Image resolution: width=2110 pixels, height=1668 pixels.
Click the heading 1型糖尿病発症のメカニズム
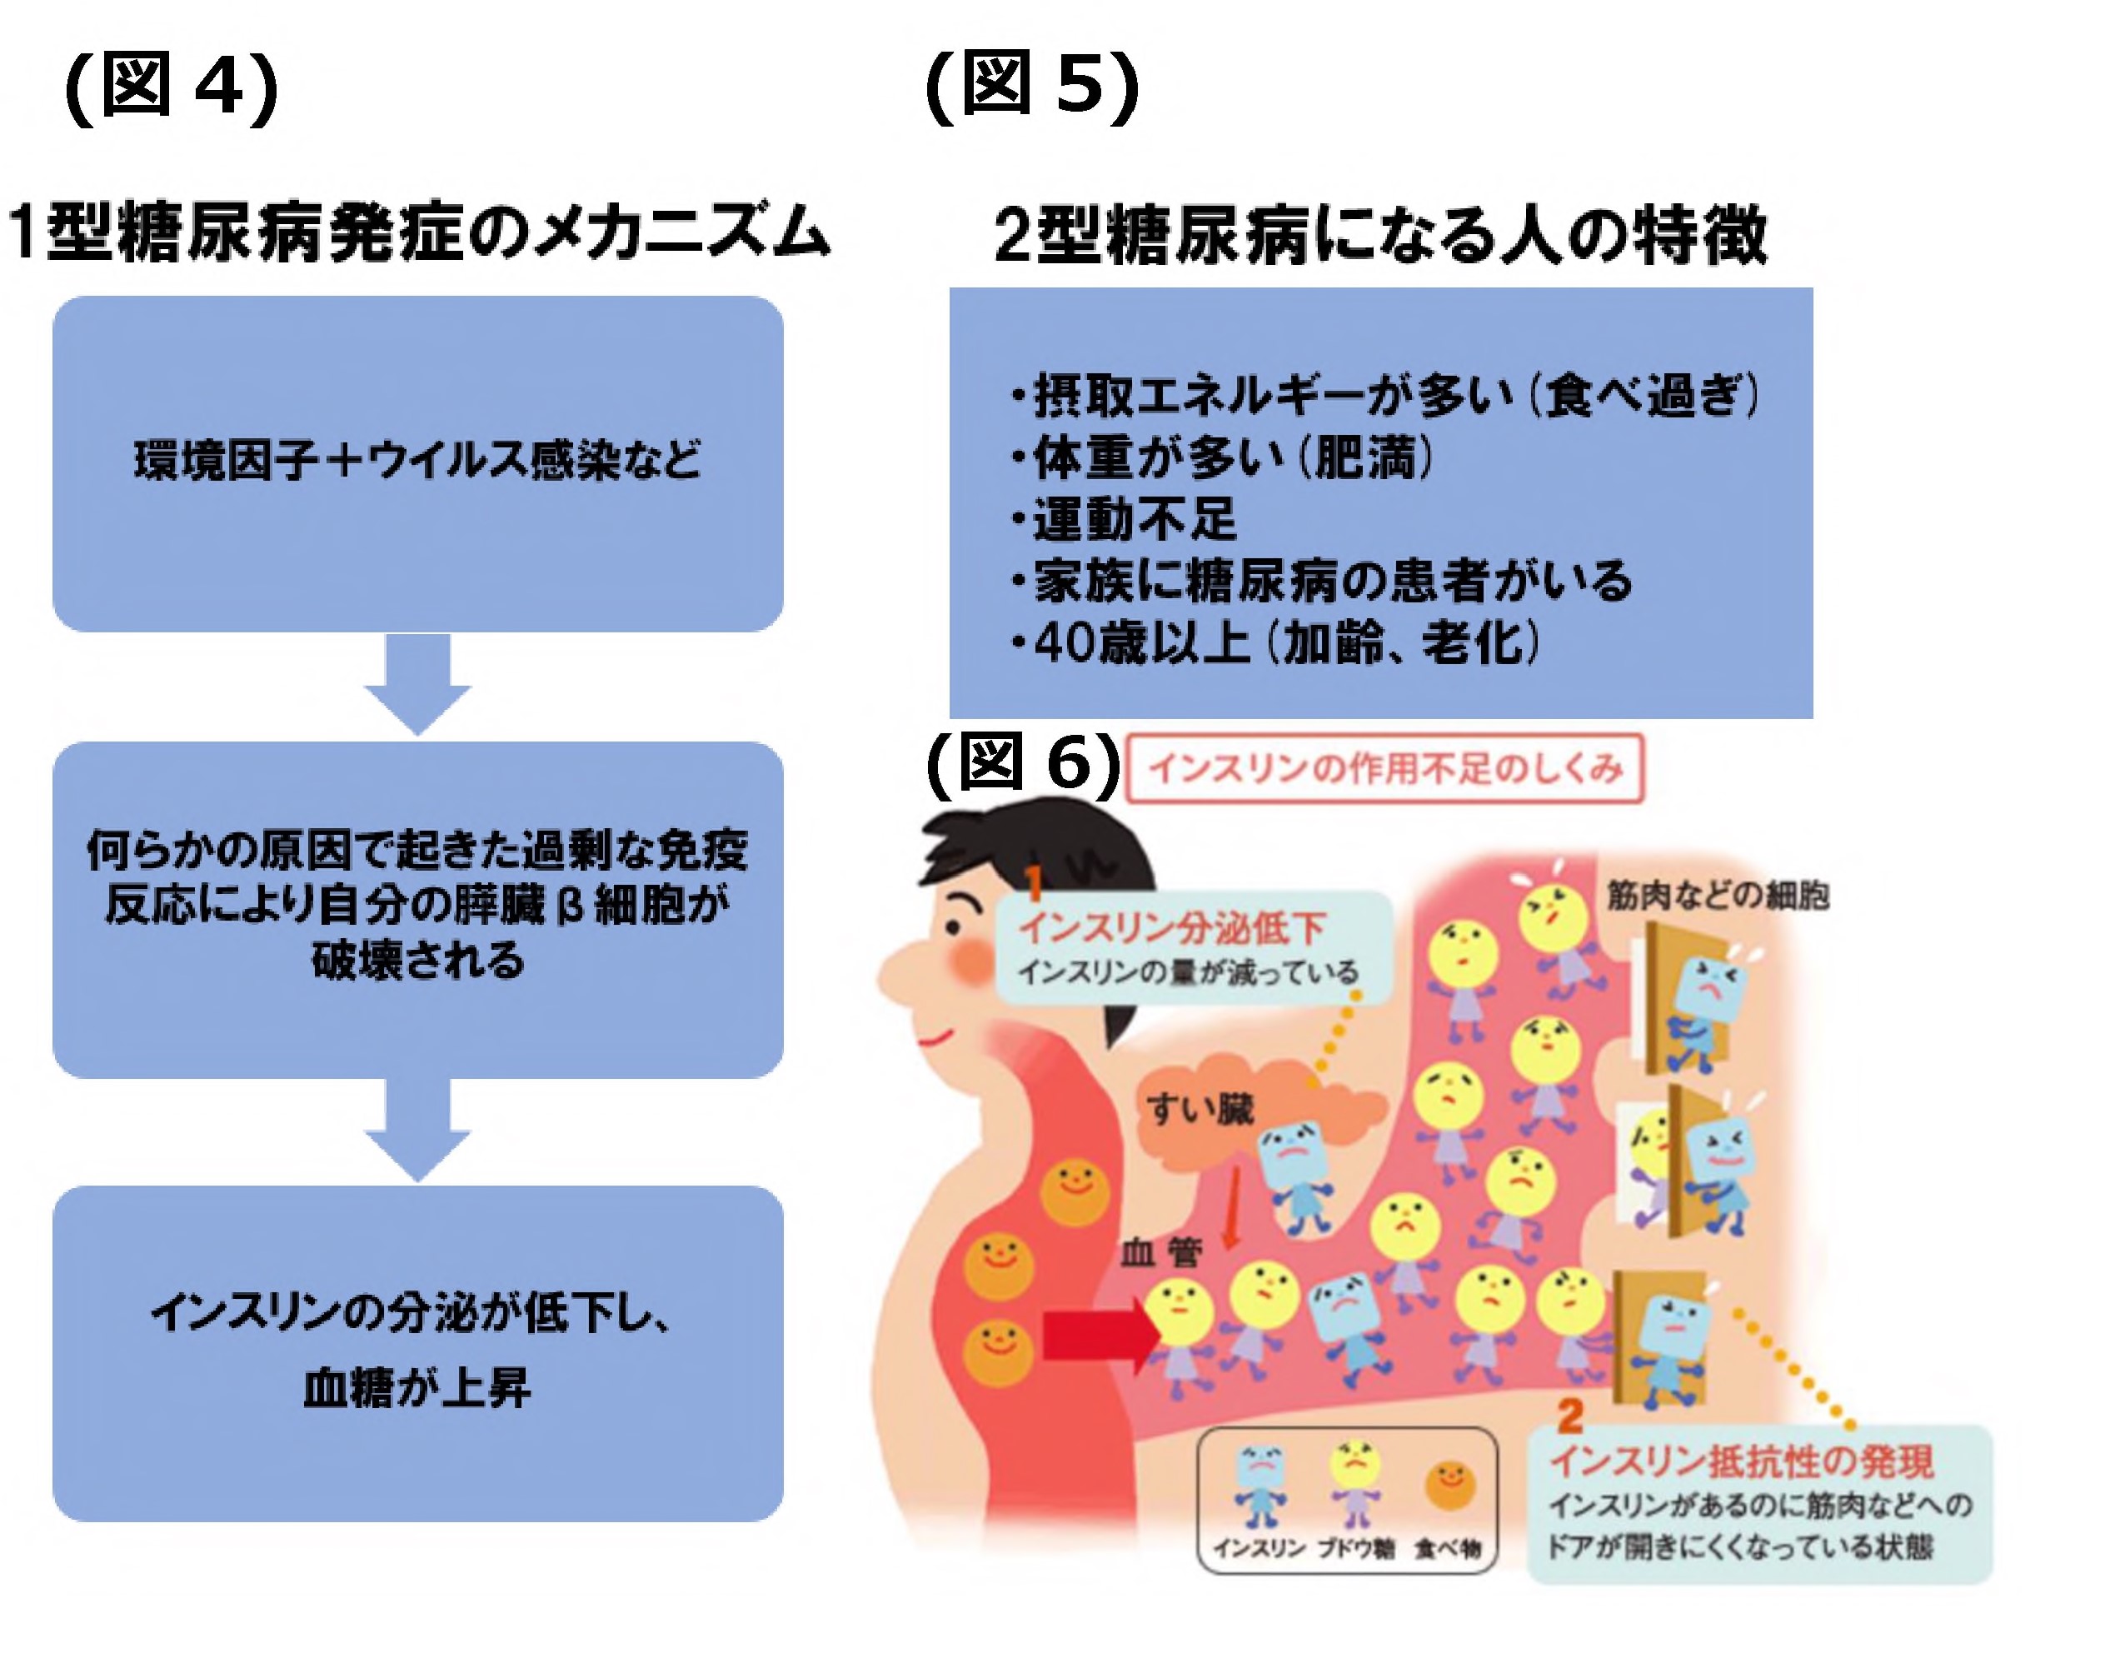(x=418, y=233)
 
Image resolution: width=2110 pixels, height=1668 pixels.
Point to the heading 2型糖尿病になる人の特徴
(x=1379, y=235)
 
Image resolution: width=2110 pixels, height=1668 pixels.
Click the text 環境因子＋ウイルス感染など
(x=417, y=460)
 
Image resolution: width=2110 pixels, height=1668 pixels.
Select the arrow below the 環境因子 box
(x=418, y=682)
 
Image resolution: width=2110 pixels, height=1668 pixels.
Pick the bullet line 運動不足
(x=1133, y=518)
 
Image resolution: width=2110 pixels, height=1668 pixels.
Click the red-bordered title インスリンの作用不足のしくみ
(x=1384, y=768)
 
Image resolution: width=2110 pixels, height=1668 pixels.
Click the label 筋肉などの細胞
(x=1718, y=895)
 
